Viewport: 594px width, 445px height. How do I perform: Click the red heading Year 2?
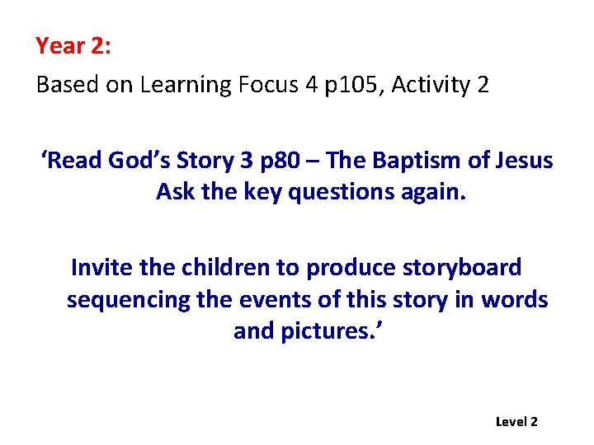73,46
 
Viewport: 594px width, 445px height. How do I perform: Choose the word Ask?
174,191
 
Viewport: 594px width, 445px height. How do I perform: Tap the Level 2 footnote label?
516,422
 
